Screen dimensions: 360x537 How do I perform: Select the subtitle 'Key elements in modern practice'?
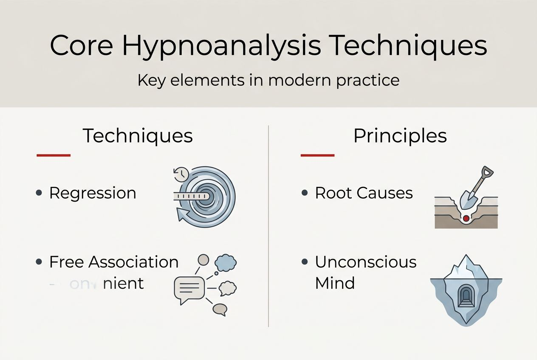[268, 80]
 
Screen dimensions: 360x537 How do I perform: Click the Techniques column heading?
[138, 136]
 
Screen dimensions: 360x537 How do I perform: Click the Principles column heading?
[400, 136]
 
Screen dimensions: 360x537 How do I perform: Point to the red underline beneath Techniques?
[54, 155]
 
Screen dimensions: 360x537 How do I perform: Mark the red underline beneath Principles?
[317, 155]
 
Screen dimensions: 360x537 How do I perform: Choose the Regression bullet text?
[93, 193]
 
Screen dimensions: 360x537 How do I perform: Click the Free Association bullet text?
[114, 262]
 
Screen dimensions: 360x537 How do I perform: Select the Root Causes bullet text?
[364, 193]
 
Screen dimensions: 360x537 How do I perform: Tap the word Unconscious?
[365, 262]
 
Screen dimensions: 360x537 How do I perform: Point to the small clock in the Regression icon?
[181, 174]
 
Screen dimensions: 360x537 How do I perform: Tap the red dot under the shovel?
[466, 218]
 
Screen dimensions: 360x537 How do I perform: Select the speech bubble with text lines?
[190, 289]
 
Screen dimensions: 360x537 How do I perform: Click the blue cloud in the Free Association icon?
[226, 263]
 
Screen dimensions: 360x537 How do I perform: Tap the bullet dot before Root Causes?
[304, 193]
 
